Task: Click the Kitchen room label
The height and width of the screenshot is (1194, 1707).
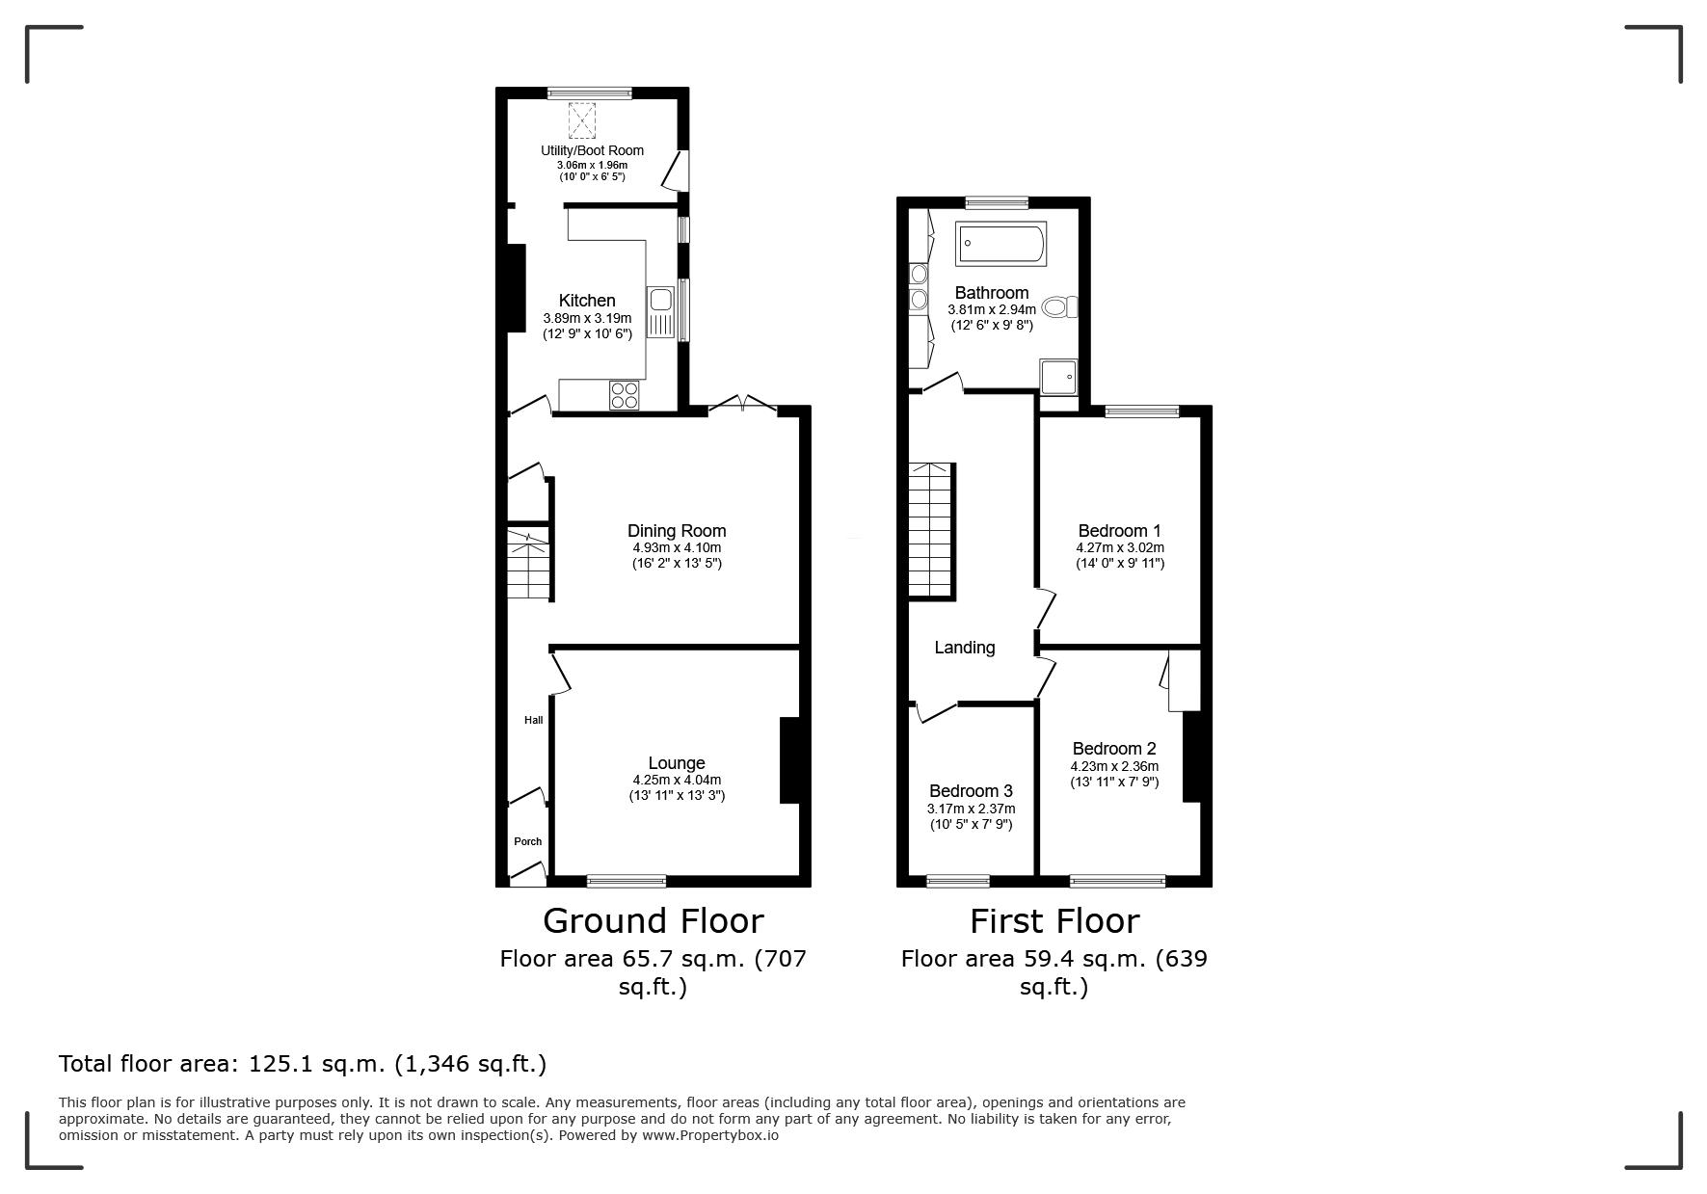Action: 587,301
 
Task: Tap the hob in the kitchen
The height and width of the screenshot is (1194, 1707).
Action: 625,394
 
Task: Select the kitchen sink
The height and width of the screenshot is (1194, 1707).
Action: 660,312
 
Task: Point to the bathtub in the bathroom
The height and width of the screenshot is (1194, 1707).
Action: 1000,244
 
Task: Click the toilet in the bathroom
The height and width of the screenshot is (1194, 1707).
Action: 1061,307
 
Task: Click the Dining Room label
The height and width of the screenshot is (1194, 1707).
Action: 677,531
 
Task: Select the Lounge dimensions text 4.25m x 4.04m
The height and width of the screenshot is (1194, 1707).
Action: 677,781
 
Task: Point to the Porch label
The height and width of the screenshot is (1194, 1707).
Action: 527,841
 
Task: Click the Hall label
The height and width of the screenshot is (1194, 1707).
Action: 533,720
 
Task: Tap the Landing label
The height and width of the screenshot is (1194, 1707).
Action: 965,648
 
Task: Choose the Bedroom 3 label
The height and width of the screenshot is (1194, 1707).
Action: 971,791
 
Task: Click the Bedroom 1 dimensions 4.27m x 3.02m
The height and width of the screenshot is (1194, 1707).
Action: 1120,548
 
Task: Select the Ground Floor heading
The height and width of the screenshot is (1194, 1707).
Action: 653,921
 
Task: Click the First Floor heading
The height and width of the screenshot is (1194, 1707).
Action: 1054,921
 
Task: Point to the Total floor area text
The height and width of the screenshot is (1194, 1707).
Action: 303,1064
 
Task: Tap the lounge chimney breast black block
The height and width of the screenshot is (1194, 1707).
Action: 789,760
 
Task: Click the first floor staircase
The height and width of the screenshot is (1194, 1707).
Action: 932,530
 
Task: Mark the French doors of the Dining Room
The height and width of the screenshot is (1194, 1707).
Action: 742,406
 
